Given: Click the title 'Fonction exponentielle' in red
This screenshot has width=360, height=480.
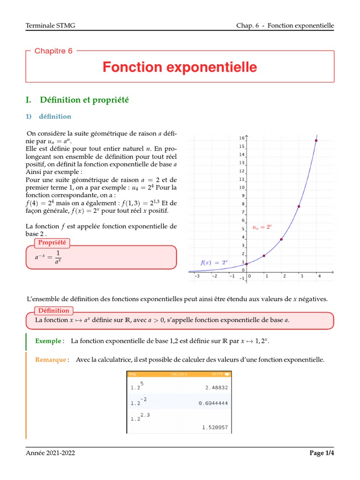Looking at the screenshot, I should coord(180,67).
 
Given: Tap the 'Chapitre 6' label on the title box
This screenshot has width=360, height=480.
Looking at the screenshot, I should coord(53,51).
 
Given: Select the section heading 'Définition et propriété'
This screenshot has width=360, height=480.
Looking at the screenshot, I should coord(84,100).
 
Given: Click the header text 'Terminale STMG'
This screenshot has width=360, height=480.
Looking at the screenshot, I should coord(50,26).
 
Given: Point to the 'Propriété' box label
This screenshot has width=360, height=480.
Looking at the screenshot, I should coord(52,242).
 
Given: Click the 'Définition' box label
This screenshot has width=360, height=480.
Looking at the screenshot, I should coord(53,310).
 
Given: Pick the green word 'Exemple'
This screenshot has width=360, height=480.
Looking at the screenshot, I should coord(48,341).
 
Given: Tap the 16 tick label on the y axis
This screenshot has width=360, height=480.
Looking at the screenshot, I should coord(241,138).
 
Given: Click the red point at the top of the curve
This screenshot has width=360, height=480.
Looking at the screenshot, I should coord(316,140).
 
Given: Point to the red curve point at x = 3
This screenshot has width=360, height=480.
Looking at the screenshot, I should coord(299,206).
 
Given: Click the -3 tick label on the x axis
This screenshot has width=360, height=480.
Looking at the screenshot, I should coord(197,276).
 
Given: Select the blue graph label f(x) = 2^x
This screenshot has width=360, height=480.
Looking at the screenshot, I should coord(215,262).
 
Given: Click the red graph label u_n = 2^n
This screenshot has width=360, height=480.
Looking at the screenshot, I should coord(262,227).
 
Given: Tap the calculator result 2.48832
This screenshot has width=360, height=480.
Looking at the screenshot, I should coord(217,388).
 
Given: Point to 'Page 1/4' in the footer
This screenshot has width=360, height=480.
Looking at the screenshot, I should coord(322,453).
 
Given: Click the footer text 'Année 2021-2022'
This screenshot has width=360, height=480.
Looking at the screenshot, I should coord(50,453).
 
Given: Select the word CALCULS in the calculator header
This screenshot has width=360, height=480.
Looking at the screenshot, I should coord(179,375).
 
